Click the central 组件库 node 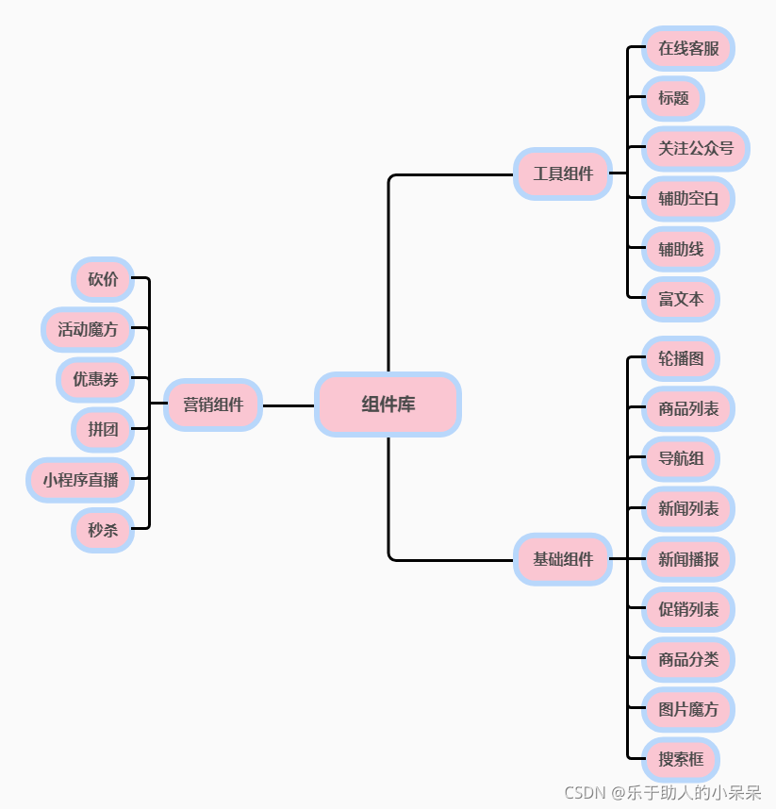388,404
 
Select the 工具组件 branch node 563,173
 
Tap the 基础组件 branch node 563,559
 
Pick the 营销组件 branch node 212,404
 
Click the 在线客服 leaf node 688,48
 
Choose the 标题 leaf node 673,98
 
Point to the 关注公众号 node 695,148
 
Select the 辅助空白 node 688,199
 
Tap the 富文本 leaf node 681,300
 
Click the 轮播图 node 681,359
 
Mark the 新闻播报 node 688,559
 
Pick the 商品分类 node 688,659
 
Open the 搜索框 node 681,760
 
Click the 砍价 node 103,279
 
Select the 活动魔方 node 88,330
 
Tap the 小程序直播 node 80,480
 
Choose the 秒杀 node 103,530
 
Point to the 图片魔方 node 688,710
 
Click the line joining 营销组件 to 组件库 288,405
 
